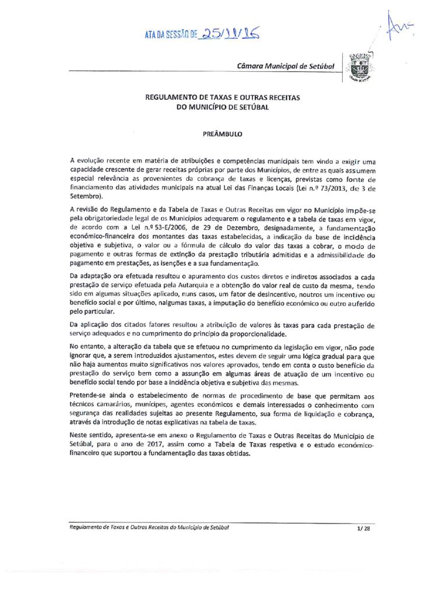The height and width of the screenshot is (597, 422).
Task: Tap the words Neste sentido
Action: (89, 435)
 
